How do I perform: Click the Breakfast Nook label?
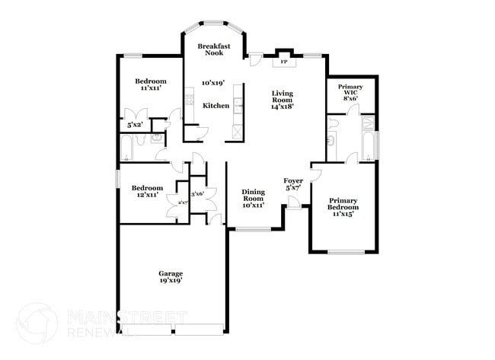click(215, 50)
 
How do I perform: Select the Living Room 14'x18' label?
click(283, 100)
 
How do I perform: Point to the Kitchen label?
click(216, 106)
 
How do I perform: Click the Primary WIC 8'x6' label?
click(350, 92)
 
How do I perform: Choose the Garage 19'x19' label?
click(171, 277)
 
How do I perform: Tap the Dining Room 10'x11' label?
click(253, 199)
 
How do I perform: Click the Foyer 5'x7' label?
click(294, 183)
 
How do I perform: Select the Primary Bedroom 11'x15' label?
click(343, 207)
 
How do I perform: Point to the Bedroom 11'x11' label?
click(151, 84)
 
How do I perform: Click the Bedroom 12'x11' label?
click(147, 191)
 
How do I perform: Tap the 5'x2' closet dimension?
click(136, 124)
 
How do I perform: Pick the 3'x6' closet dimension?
click(197, 194)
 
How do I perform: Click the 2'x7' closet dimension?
click(183, 202)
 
